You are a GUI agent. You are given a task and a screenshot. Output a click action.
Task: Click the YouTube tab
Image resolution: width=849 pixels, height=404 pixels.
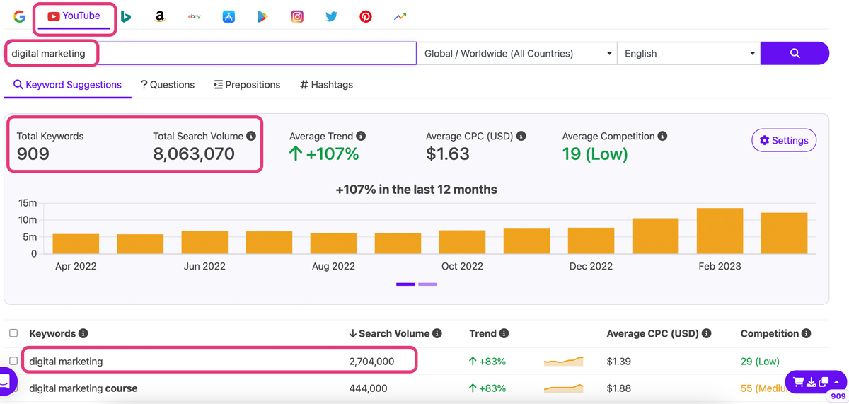click(x=74, y=16)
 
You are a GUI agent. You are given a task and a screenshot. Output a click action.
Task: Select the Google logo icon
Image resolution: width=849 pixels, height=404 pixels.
click(x=19, y=16)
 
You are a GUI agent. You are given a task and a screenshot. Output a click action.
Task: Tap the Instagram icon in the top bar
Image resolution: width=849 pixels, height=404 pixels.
click(x=297, y=16)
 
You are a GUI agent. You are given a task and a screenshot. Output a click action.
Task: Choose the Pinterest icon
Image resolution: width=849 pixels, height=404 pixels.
click(x=365, y=16)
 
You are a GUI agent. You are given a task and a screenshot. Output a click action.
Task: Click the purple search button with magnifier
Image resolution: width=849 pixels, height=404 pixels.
click(x=795, y=54)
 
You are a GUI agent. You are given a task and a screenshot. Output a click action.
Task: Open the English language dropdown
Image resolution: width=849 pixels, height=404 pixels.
click(x=688, y=54)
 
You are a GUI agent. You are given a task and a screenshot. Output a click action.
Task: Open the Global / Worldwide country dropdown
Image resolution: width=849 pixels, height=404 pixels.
click(x=516, y=54)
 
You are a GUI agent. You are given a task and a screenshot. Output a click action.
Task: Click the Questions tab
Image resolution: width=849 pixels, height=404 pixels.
click(x=168, y=85)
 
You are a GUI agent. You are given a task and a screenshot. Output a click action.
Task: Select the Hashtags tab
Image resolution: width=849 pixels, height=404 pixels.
click(x=326, y=85)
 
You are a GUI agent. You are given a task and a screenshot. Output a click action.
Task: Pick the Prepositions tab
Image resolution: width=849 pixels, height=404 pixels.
click(x=247, y=85)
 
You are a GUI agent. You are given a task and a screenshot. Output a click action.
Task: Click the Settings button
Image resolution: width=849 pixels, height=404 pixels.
click(x=783, y=141)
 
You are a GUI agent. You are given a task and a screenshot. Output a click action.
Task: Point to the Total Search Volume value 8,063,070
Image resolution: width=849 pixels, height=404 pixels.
click(x=193, y=154)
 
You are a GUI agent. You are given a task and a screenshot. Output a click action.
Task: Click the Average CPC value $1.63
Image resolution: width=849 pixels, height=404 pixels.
click(x=447, y=154)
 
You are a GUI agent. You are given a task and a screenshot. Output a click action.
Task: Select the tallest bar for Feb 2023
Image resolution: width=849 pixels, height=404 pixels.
click(x=720, y=231)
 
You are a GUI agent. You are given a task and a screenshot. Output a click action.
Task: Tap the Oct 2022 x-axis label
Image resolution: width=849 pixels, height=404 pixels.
click(x=462, y=267)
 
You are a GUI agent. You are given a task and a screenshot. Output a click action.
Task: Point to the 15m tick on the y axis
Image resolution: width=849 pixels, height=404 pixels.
click(x=28, y=203)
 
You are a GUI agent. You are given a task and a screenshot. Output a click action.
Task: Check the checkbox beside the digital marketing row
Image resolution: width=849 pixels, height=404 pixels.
click(x=13, y=361)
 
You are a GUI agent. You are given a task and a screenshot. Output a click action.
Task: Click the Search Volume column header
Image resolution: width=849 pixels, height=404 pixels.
click(x=395, y=333)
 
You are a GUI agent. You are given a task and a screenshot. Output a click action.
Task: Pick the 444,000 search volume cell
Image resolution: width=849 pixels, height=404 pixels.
click(x=368, y=388)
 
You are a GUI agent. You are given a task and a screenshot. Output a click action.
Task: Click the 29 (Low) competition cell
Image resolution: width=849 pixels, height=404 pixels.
click(x=760, y=362)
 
